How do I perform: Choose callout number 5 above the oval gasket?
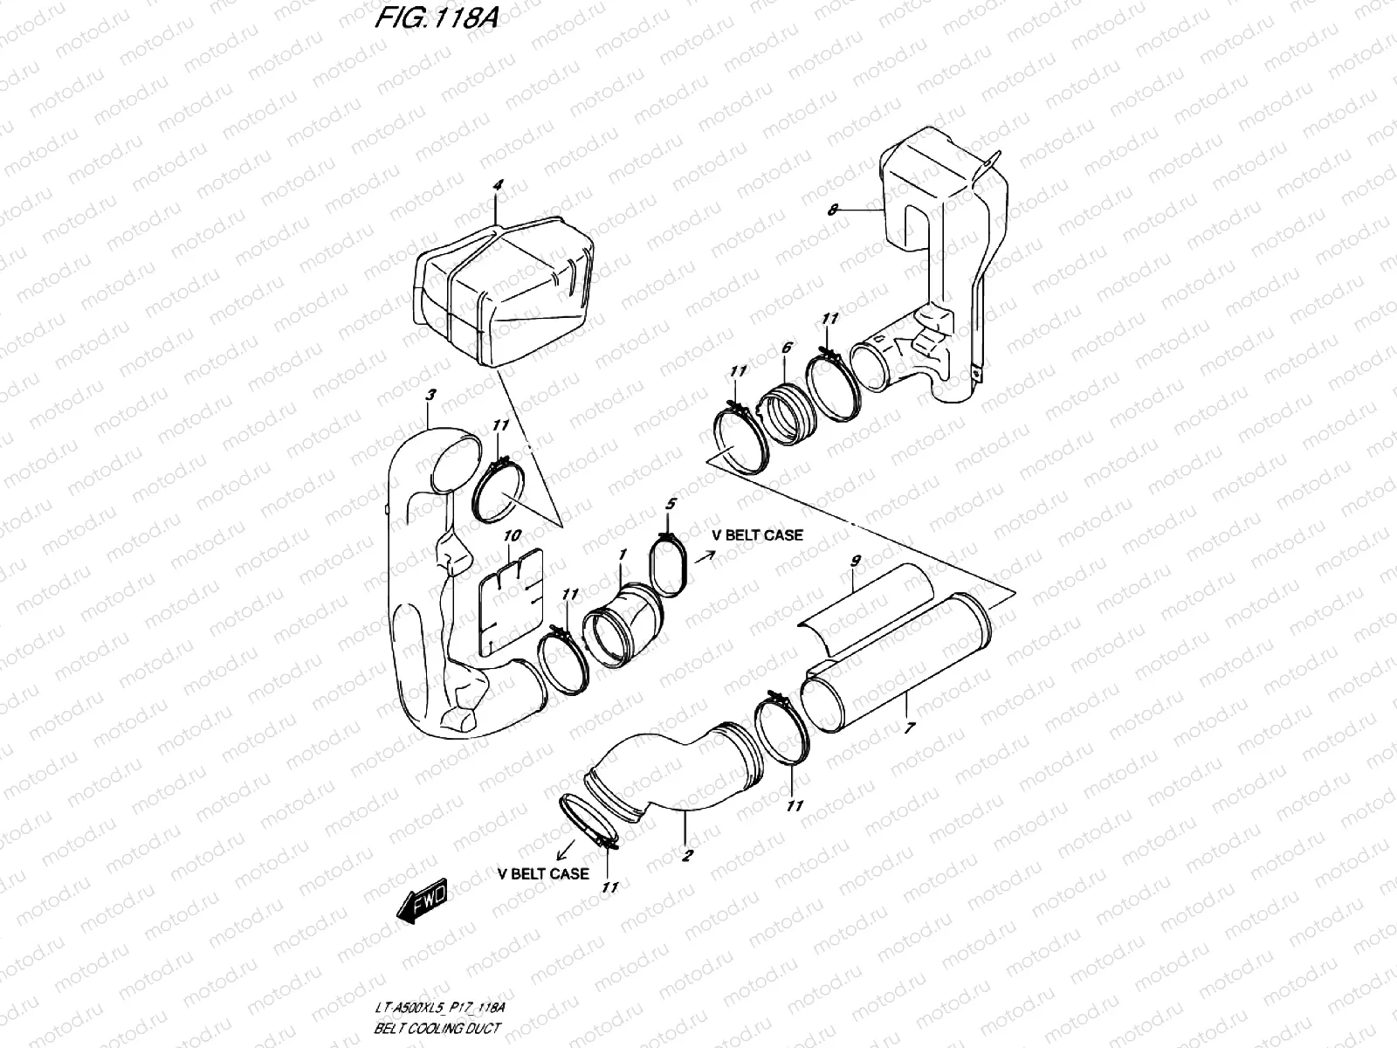coord(670,504)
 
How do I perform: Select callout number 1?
coord(622,555)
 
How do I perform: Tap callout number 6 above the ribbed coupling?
coord(786,348)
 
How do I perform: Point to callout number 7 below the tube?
coord(909,727)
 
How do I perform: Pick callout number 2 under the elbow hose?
coord(687,856)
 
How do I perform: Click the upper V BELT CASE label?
coord(758,534)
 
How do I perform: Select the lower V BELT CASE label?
coord(543,872)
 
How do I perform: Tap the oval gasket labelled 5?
coord(671,569)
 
